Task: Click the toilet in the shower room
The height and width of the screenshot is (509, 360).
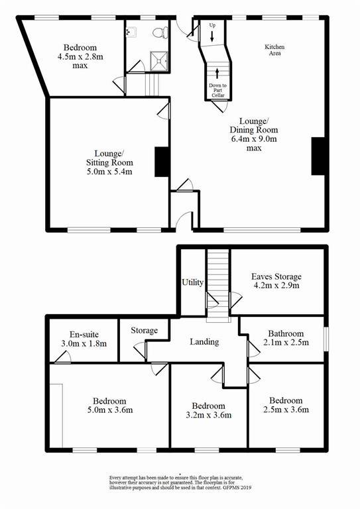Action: click(160, 32)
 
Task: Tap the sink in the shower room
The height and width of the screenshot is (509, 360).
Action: click(131, 32)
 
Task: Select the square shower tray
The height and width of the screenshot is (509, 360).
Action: click(158, 60)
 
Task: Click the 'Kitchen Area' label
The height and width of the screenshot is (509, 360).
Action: click(274, 50)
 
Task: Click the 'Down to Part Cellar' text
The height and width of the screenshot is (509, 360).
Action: click(218, 90)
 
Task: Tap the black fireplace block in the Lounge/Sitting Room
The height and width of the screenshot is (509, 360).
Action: click(162, 162)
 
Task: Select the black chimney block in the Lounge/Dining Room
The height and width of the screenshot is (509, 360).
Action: click(318, 156)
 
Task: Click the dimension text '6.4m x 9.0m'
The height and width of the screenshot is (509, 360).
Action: click(254, 139)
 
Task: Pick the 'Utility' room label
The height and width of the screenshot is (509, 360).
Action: click(192, 282)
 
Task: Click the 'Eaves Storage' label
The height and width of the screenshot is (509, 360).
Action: click(276, 276)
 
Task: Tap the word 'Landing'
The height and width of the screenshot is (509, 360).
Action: click(204, 341)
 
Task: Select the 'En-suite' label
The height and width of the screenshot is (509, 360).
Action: click(84, 334)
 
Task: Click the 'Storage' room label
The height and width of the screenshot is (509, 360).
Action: click(145, 331)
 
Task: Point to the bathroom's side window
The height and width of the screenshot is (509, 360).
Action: click(326, 339)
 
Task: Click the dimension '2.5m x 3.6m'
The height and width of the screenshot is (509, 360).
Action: click(286, 410)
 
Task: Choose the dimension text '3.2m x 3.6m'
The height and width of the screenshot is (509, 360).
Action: click(209, 415)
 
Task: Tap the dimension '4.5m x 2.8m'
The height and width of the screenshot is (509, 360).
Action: click(80, 56)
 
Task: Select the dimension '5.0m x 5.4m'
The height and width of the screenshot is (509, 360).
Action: click(109, 172)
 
